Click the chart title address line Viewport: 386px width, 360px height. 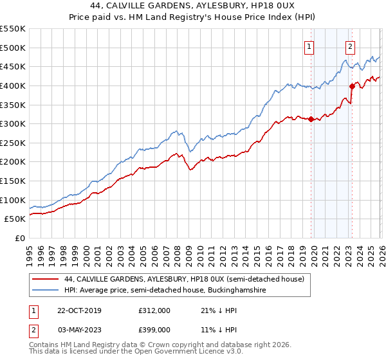193,6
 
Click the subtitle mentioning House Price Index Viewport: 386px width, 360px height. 193,17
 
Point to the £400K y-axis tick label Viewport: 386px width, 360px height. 13,85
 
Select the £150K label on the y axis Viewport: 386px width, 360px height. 13,181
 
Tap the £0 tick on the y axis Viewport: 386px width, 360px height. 19,239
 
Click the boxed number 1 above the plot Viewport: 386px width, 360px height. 309,46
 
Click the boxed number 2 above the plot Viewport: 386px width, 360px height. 350,46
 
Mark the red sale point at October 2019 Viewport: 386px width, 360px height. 311,119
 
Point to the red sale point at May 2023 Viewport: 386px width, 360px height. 352,85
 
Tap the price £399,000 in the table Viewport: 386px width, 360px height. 154,329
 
